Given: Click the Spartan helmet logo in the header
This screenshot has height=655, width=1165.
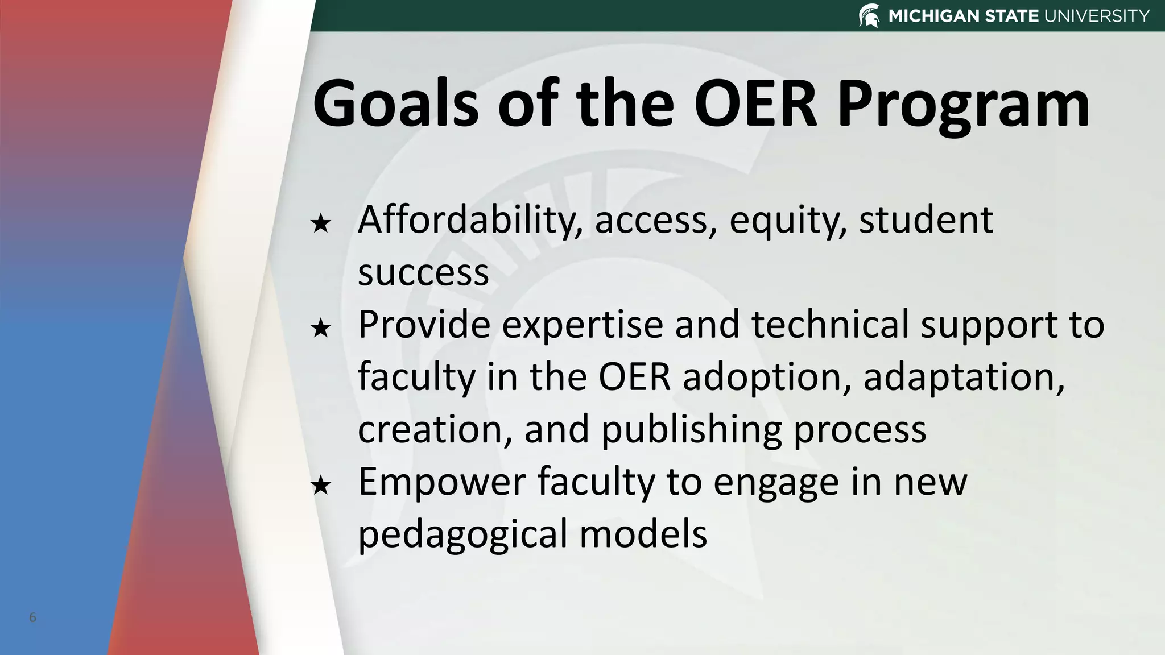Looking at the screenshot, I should pos(869,15).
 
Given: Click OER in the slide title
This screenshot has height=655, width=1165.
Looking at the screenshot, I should pos(755,104).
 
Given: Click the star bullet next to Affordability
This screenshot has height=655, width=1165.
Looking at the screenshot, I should pos(321,223).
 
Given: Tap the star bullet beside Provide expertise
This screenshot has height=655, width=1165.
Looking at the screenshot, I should pos(321,328).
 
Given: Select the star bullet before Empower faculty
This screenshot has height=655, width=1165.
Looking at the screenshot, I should pos(321,486).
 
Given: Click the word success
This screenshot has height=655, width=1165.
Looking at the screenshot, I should pos(423,273).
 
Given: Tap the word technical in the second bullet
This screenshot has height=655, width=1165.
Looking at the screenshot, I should pos(830,325).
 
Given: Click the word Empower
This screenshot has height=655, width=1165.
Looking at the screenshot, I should pos(441,483).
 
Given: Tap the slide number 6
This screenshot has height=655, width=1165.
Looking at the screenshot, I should pos(32,617).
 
